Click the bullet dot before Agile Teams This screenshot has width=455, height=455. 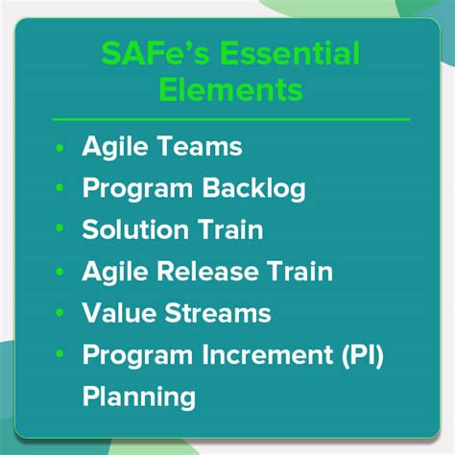tap(60, 149)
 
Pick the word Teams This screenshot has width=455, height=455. tap(203, 148)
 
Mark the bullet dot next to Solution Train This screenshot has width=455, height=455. tap(60, 231)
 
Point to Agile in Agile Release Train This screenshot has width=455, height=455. tap(114, 273)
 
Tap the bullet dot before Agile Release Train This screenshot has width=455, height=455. tap(60, 273)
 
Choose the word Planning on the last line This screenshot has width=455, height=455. tap(139, 396)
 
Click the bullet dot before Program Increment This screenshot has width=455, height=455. tap(60, 355)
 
